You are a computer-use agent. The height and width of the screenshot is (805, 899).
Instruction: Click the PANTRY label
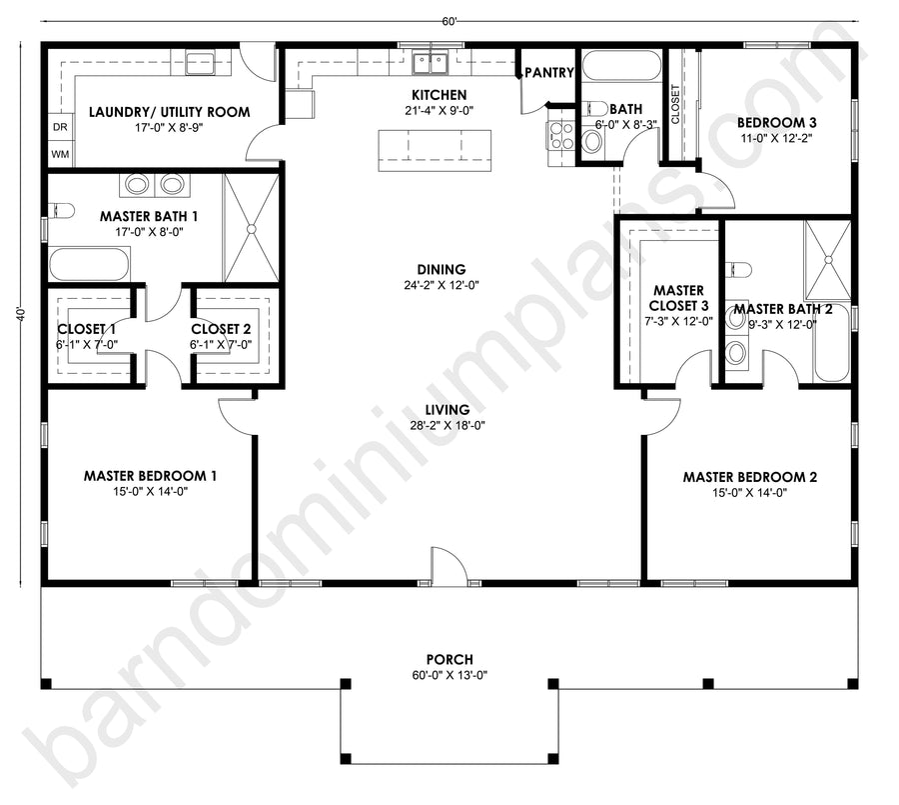[548, 72]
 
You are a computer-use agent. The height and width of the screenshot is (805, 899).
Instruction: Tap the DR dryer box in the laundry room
[60, 127]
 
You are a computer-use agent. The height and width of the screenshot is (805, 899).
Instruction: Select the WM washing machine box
[60, 154]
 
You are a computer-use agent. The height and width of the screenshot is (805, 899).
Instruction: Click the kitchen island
[435, 150]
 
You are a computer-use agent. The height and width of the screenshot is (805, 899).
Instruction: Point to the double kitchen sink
[430, 63]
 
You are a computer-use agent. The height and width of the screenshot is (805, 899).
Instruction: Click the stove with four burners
[560, 136]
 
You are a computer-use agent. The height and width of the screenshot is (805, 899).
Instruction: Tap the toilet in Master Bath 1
[61, 211]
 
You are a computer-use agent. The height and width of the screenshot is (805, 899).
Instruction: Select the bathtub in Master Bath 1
[89, 264]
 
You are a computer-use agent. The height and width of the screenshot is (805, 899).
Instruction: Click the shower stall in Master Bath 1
[251, 229]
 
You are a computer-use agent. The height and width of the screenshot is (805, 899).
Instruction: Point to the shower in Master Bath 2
[827, 260]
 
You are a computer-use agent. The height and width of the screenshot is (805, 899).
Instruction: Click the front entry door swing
[449, 566]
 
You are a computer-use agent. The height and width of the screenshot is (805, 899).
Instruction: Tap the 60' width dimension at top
[449, 22]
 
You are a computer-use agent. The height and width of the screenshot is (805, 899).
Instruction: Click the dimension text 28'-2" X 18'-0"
[448, 425]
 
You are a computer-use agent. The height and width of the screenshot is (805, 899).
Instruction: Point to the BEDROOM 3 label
[776, 122]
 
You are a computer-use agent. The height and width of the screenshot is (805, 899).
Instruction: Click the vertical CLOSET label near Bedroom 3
[675, 104]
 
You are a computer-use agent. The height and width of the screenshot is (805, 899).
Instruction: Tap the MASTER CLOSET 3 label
[679, 298]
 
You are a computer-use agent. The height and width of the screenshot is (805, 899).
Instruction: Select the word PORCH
[449, 659]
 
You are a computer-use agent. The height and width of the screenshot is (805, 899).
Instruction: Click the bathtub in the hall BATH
[621, 65]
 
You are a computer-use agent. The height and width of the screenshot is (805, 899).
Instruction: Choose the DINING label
[442, 269]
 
